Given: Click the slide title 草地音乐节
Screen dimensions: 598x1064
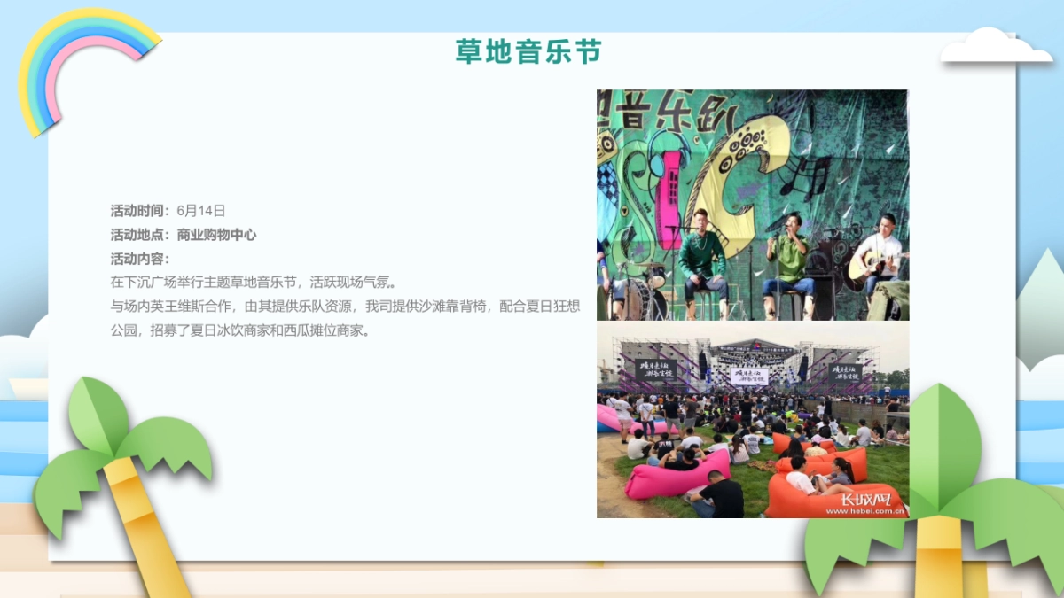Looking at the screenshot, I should coord(528,51).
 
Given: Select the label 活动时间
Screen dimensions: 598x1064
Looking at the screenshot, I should coord(139,211).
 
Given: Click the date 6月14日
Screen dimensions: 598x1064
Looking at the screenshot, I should coord(201,211).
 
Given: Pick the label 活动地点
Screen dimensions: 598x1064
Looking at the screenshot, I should coord(139,235).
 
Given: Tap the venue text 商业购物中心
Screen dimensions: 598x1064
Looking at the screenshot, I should coord(216,235).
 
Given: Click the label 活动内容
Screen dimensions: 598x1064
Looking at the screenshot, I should coord(139,259).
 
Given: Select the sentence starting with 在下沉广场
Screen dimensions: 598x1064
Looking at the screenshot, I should coord(252,283).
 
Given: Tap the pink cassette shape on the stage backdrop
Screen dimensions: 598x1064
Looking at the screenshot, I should coord(670,186).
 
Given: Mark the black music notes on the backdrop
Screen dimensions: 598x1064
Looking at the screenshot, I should coord(817,173).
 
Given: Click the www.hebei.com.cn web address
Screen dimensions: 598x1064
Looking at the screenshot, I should coord(864,511).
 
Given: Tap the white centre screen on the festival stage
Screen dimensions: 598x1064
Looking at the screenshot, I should coord(749,376).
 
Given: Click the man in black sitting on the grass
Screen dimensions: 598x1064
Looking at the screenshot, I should coord(718,497).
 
